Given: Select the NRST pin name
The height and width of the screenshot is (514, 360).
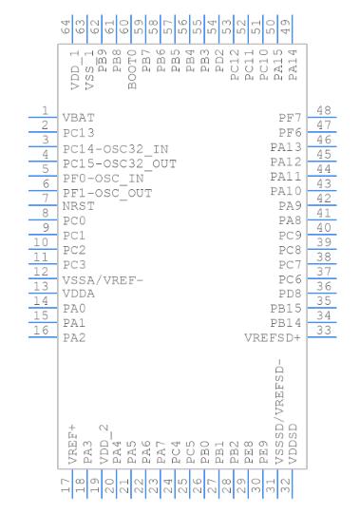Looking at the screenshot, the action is click(78, 206).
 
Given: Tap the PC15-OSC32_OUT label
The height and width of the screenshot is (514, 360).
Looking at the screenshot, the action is click(120, 163).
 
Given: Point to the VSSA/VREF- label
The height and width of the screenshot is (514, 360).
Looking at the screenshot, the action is click(103, 280).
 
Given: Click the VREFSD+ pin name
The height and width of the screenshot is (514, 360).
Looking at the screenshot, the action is click(273, 337).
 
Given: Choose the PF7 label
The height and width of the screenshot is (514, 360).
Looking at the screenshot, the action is click(290, 118).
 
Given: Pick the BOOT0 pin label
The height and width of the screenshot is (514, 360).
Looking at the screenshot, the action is click(132, 69).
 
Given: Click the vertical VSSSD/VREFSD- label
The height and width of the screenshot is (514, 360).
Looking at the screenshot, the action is click(279, 411).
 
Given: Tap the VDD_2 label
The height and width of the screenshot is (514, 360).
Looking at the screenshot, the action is click(104, 445).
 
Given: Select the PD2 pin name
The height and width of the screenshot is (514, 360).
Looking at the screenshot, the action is click(219, 61).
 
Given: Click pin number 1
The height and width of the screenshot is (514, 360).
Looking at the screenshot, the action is click(46, 111).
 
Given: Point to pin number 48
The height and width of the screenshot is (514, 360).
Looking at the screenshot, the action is click(324, 110).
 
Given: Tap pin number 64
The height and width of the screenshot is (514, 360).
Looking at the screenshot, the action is click(66, 27).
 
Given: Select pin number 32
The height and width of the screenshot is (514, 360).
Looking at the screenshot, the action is click(286, 485).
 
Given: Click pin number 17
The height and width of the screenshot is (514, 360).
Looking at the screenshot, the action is click(66, 485).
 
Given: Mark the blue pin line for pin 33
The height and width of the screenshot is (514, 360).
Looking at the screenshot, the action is click(322, 337).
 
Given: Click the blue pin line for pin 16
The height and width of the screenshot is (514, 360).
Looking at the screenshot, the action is click(44, 337).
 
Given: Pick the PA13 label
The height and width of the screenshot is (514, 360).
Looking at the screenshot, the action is click(286, 147).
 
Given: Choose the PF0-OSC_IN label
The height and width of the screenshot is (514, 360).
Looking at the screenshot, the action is click(104, 179).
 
